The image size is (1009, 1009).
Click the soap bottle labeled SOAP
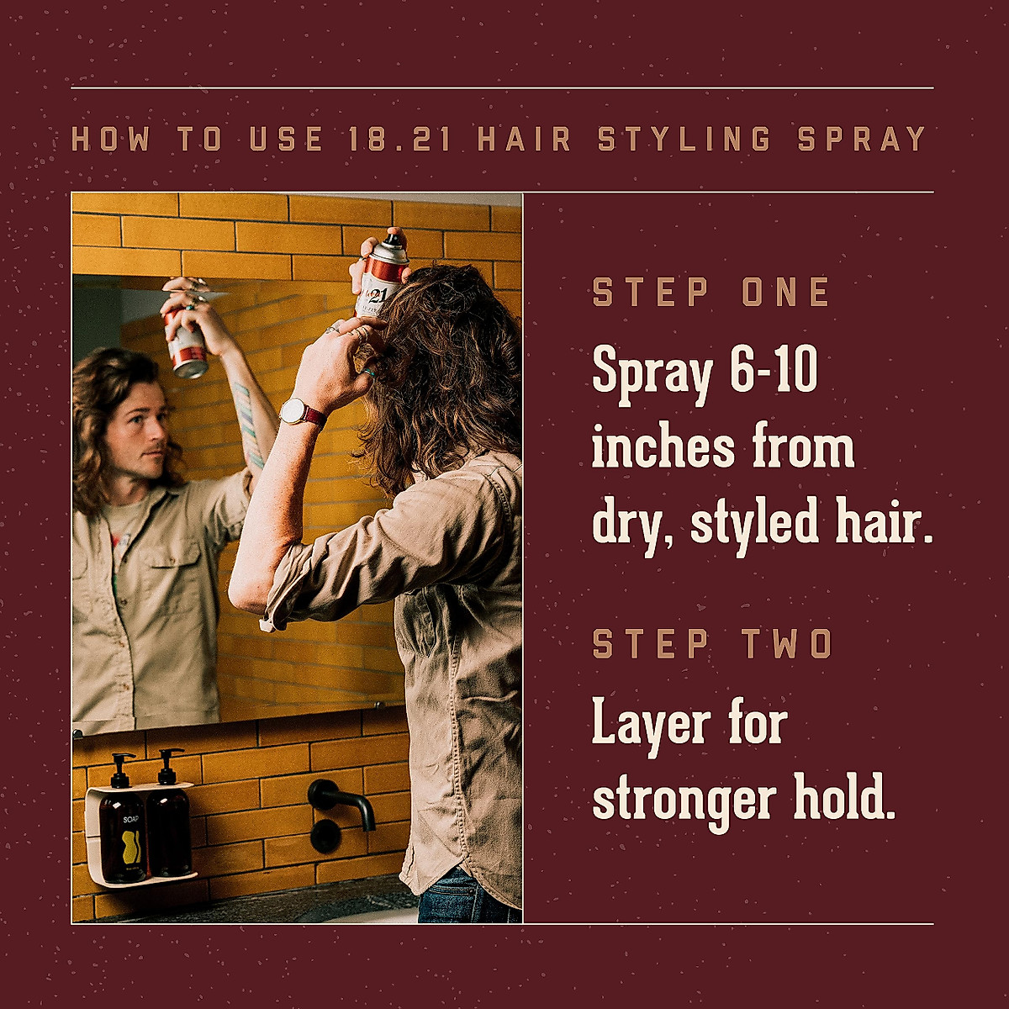(x=123, y=832)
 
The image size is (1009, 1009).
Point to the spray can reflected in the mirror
(x=187, y=343)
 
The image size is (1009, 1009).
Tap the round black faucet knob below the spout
(x=325, y=837)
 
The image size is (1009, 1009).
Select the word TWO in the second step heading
(x=787, y=645)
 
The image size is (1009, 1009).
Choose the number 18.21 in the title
(x=400, y=140)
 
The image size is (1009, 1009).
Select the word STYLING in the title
(x=684, y=140)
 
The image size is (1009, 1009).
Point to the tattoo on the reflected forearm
(x=247, y=425)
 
